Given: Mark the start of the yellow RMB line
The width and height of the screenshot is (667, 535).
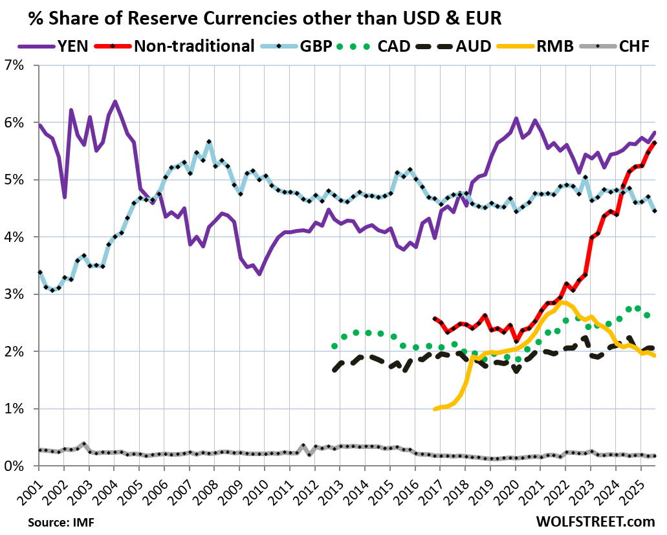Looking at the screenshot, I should (x=435, y=409).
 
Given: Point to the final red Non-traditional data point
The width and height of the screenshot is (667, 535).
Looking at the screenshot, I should (x=654, y=143).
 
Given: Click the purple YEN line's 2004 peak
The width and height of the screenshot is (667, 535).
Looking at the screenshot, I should (x=115, y=102).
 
